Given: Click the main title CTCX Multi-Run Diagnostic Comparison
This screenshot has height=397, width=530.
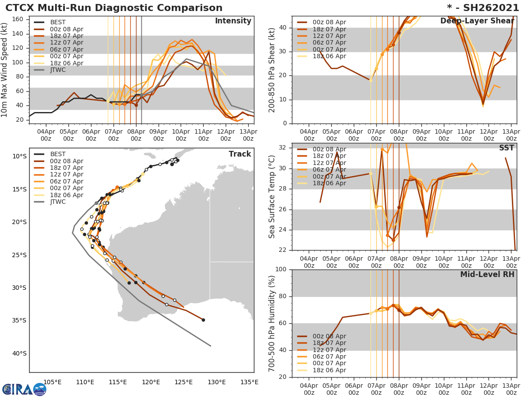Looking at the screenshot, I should click(x=114, y=8).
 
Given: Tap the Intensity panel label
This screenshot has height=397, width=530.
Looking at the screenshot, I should click(x=233, y=21).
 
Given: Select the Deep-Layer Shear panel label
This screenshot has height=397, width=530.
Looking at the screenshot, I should click(x=477, y=21).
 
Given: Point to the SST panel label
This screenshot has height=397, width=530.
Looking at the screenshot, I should click(x=506, y=148).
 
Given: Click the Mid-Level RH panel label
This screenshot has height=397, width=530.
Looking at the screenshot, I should click(x=487, y=274).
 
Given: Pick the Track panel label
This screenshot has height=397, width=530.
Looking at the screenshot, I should click(x=239, y=154).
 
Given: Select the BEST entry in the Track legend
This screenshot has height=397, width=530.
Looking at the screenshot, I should click(x=57, y=154).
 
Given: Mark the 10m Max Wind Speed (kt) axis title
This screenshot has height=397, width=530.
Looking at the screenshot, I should click(x=5, y=70).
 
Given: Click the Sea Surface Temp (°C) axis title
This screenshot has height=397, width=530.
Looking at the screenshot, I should click(x=272, y=196).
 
